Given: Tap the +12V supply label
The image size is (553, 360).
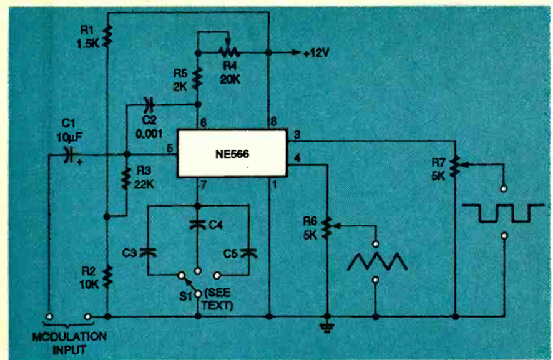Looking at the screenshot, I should click(x=316, y=53).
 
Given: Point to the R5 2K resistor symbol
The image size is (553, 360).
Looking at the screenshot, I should click(x=198, y=79).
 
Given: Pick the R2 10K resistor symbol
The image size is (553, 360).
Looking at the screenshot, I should click(x=107, y=274).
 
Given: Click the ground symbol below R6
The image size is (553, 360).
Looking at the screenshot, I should click(x=327, y=326).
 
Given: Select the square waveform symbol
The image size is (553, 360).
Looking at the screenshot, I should click(x=502, y=212).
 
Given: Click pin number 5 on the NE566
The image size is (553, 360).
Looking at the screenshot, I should click(x=169, y=148).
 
